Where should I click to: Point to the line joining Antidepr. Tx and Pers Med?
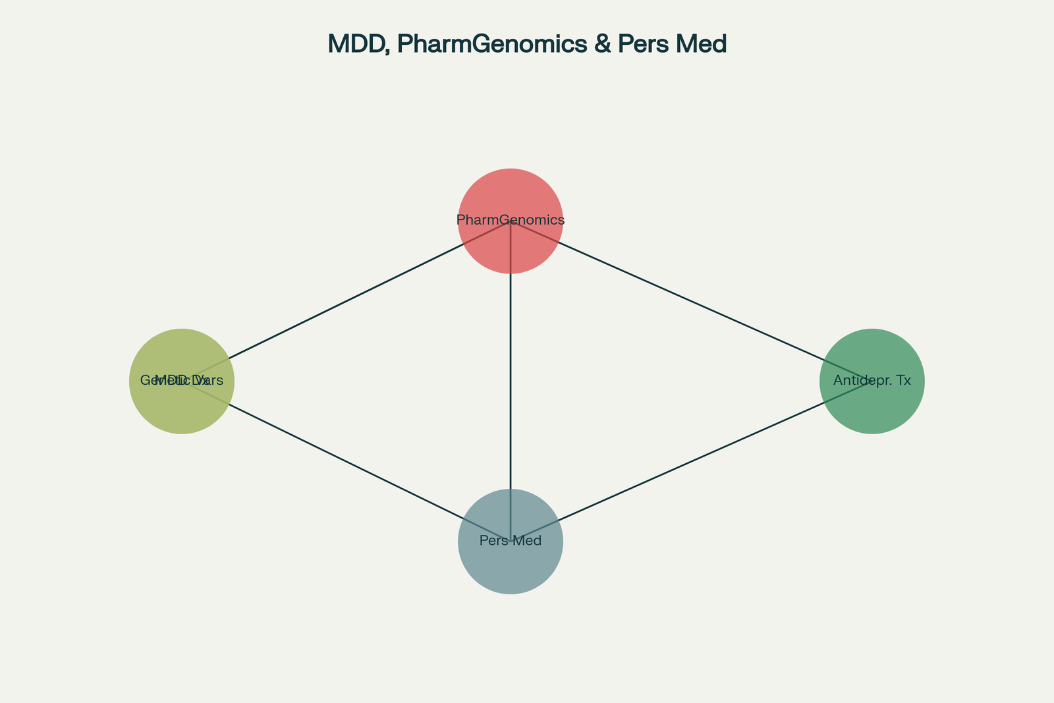pyautogui.click(x=692, y=461)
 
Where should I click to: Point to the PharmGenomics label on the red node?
pyautogui.click(x=511, y=219)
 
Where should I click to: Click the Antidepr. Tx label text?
pyautogui.click(x=872, y=380)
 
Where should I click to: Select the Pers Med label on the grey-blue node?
pyautogui.click(x=511, y=541)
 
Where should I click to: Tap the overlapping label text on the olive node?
pyautogui.click(x=182, y=380)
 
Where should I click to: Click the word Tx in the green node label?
pyautogui.click(x=902, y=380)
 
